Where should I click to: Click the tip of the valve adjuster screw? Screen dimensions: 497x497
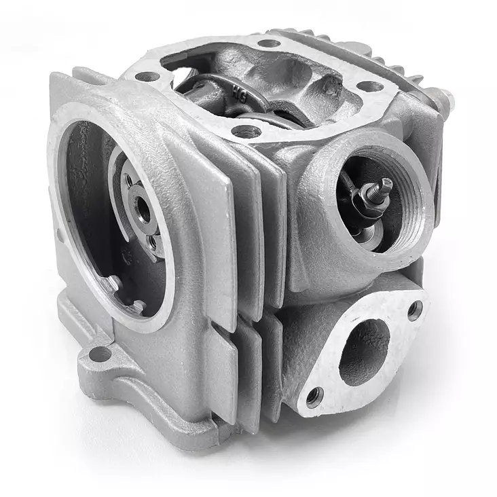386,183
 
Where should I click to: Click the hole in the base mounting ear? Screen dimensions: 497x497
100,354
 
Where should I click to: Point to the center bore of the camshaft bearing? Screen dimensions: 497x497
143,210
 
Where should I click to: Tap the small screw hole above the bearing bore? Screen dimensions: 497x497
128,181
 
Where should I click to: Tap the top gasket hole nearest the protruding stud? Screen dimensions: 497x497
369,86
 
